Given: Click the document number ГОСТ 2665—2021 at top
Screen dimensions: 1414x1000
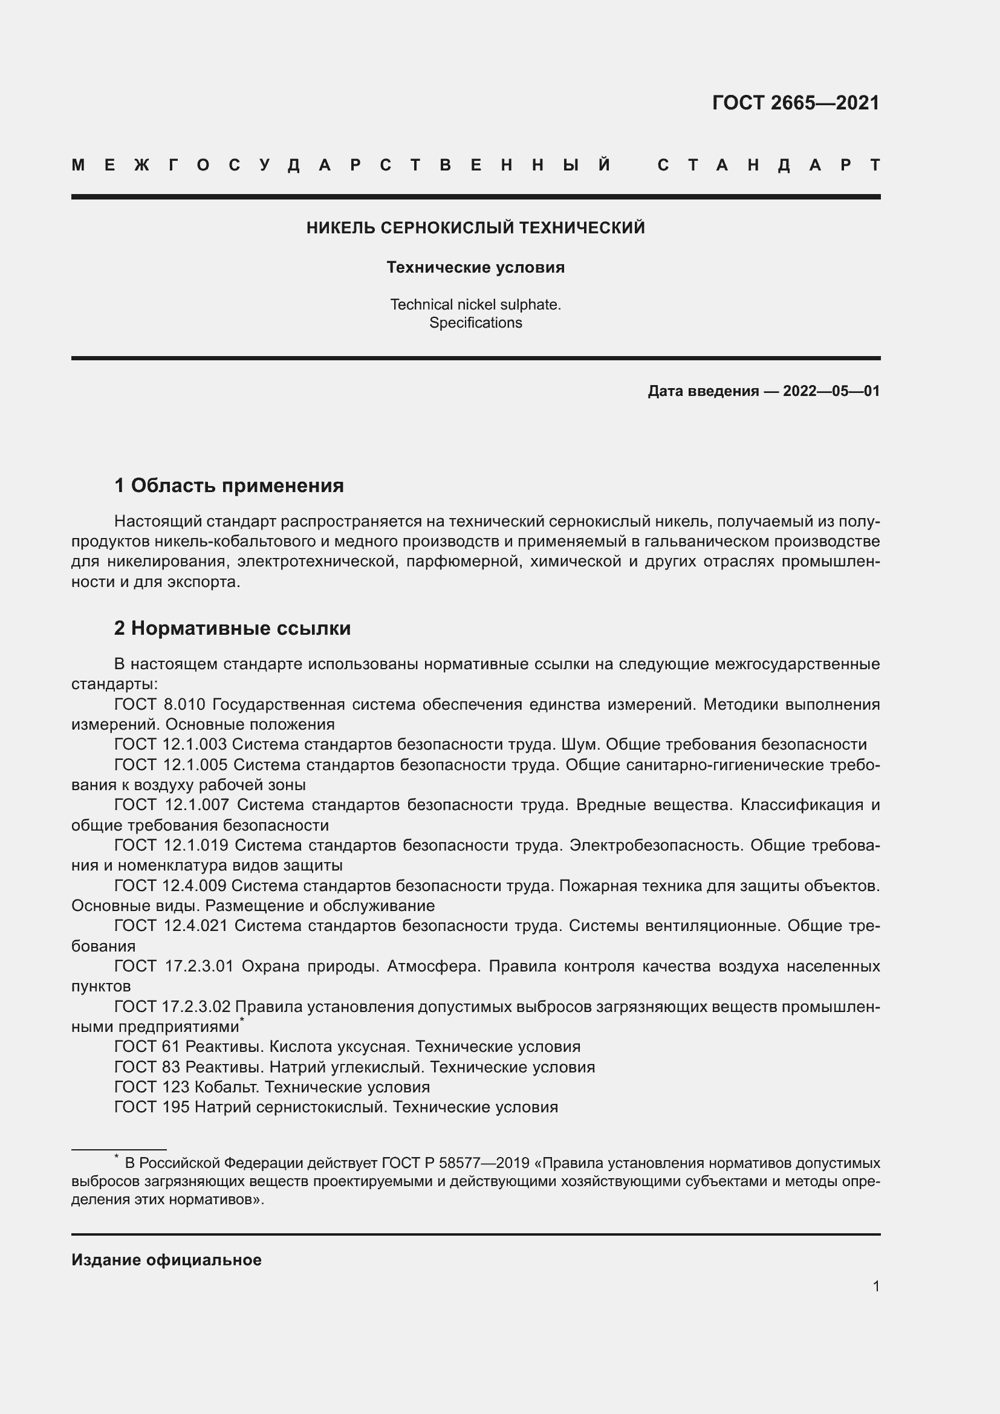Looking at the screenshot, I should point(795,103).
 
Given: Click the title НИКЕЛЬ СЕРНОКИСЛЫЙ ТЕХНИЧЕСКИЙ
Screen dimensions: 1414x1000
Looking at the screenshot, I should point(475,228).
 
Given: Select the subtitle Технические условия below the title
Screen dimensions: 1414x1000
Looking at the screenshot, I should point(475,267).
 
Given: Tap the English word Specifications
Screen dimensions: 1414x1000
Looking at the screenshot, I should point(475,323).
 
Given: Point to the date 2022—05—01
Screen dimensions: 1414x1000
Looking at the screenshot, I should point(831,391).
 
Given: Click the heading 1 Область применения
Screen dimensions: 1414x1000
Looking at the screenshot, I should point(229,485).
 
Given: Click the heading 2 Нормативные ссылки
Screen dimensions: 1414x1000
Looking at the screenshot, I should point(232,628).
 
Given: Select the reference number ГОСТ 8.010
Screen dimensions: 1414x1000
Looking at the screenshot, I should point(160,704).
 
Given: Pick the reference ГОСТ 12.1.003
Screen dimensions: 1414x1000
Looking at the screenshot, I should point(170,745).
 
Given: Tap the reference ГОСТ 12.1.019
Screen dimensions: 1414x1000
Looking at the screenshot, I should point(171,845).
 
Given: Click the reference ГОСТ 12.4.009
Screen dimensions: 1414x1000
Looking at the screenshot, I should point(170,886).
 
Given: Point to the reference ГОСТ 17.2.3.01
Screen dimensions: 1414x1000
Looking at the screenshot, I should point(174,965).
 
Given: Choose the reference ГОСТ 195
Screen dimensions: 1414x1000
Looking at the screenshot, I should point(152,1108).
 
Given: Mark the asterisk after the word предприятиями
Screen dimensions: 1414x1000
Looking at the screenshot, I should point(242,1020).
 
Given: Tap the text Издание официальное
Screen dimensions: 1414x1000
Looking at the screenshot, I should point(166,1260).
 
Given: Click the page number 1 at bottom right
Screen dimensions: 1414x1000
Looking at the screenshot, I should point(876,1286).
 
